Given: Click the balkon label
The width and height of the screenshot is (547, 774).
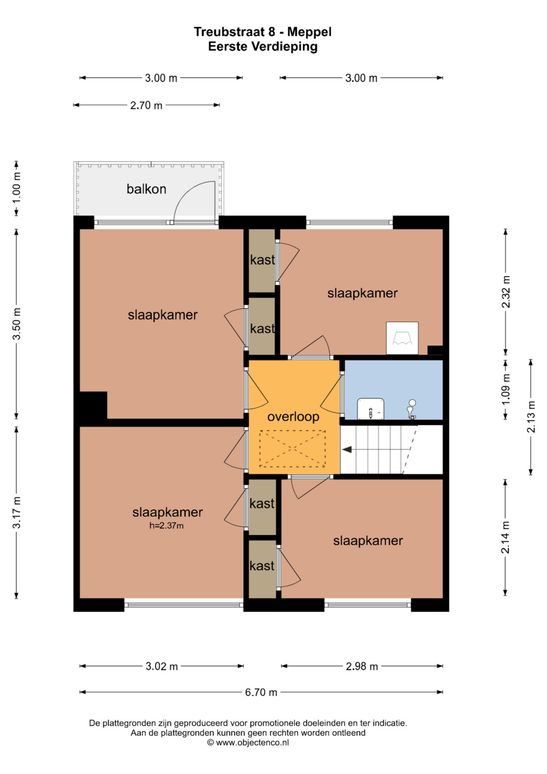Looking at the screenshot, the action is (146, 189).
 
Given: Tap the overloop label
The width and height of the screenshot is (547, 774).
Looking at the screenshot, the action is (293, 417).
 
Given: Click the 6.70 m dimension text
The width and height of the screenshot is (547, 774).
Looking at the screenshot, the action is (261, 692).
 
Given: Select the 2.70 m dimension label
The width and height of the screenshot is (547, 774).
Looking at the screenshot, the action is (146, 105).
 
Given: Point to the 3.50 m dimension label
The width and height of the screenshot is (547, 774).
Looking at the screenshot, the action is (17, 323).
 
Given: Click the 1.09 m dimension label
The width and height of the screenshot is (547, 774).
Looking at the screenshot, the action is (505, 389).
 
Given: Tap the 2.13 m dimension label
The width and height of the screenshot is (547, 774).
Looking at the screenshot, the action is (531, 417).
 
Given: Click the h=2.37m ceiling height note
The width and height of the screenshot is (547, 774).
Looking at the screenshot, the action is (167, 526).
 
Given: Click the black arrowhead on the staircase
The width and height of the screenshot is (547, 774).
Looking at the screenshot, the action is (347, 450).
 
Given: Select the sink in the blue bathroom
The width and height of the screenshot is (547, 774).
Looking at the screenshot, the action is (371, 409).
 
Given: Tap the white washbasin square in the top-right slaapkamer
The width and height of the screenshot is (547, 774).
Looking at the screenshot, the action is (402, 338).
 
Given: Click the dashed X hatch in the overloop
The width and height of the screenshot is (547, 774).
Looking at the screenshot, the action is (293, 449).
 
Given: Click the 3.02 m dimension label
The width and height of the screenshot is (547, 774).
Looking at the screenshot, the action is (162, 666).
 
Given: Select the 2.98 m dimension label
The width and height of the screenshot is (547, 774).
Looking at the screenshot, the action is (362, 666).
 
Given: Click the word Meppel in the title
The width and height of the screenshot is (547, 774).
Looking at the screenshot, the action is (309, 32).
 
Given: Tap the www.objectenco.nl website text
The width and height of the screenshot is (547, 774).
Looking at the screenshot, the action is (252, 742).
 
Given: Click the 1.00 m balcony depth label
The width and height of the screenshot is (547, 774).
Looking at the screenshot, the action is (17, 188).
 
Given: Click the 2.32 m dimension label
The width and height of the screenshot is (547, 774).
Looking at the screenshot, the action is (505, 291).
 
